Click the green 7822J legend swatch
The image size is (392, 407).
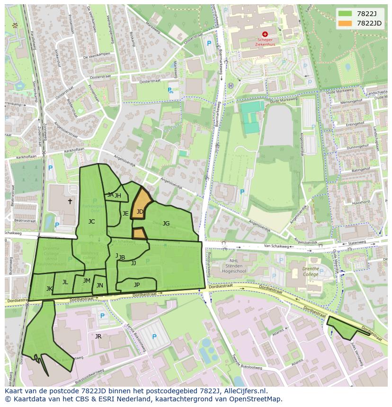coord(346,13)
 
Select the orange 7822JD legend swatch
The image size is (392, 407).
coord(346,23)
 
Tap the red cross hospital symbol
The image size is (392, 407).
coord(265,34)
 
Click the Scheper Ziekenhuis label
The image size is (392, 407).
coord(265,42)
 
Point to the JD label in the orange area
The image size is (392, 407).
coord(140,212)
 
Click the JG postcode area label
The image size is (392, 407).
coord(166,223)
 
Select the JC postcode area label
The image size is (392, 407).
coord(91,221)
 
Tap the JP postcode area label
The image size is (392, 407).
coord(137,285)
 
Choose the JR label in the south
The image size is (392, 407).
coord(98,337)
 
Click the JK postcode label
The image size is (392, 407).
coord(49,288)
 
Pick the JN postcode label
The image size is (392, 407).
coord(100,285)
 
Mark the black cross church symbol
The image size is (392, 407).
coord(70,201)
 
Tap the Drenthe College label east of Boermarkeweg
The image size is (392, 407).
coord(311,271)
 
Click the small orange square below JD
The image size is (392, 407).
coord(139,233)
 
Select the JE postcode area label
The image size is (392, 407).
coord(125,214)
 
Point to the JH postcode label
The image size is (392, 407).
coord(118,196)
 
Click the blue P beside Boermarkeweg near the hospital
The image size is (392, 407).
coord(209,43)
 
